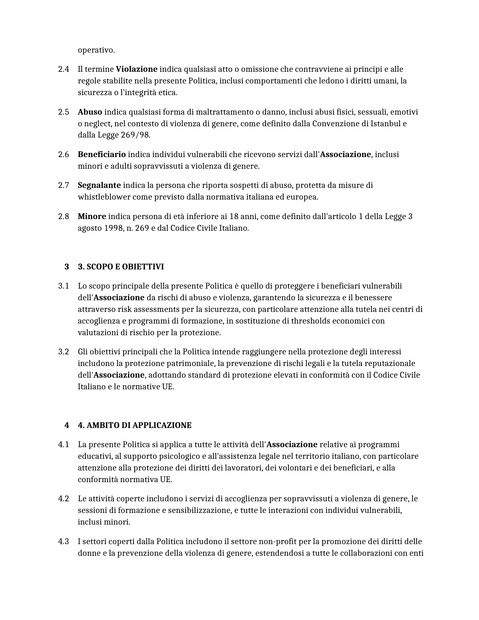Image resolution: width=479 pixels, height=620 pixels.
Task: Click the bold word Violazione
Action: tap(136, 69)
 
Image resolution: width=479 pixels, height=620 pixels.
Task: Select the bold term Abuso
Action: tap(90, 112)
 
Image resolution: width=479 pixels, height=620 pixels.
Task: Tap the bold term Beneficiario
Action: tap(101, 154)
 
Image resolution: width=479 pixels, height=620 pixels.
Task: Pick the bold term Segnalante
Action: tap(99, 185)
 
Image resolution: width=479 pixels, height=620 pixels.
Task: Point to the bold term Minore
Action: tap(92, 216)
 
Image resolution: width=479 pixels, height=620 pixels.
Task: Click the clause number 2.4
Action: tap(63, 69)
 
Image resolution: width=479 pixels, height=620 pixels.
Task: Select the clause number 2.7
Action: tap(63, 185)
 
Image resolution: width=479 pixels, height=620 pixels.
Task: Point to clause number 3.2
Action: tap(63, 352)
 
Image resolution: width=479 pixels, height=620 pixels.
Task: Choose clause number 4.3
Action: tap(63, 541)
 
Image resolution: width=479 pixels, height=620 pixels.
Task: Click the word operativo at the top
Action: tap(96, 50)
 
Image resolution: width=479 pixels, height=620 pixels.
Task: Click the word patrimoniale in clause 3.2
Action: tap(191, 363)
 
